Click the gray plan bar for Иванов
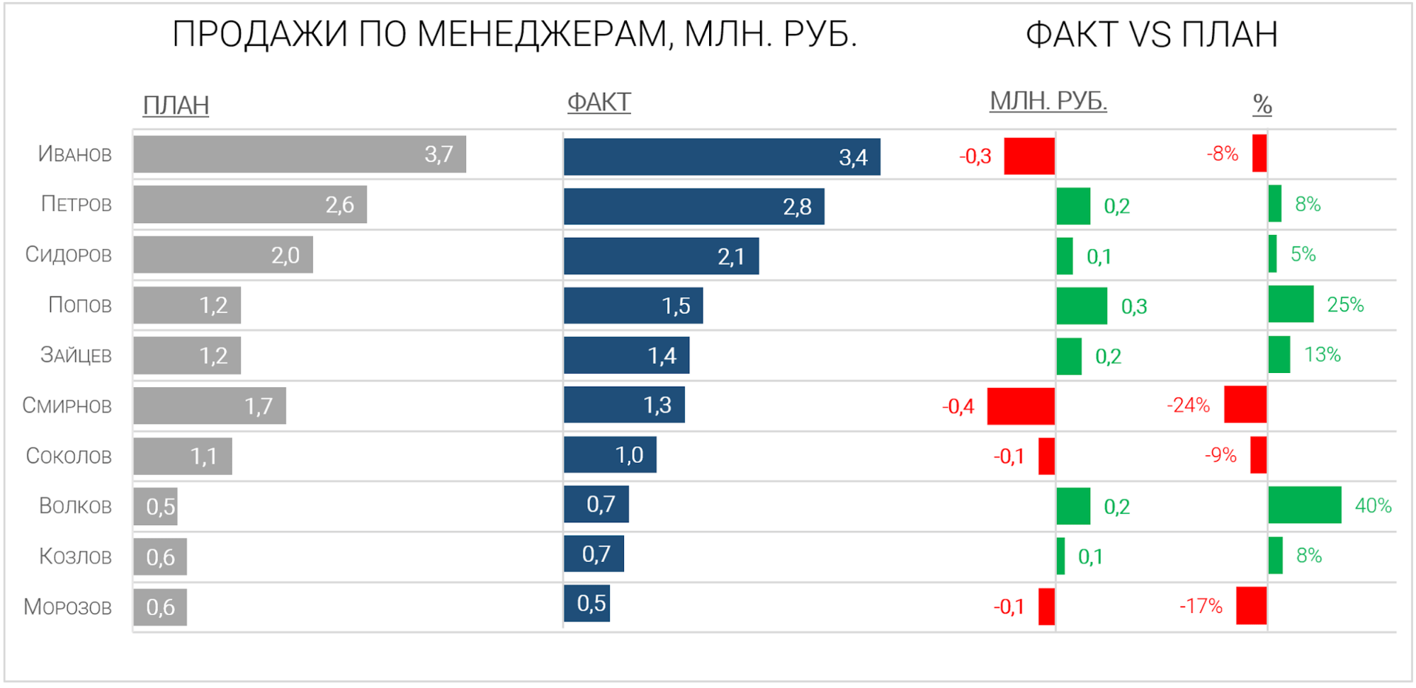(299, 154)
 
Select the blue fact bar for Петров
(693, 207)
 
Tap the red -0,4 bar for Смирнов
(1020, 406)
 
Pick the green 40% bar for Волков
(1304, 505)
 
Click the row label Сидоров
(69, 254)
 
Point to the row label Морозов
(68, 607)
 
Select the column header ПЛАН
(176, 105)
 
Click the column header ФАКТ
(599, 103)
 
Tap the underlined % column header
(1262, 105)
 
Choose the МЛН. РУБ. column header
(1048, 102)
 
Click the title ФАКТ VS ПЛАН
(1151, 35)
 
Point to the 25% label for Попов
(1344, 304)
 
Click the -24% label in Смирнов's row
(1188, 405)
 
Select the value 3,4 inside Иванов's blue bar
(853, 157)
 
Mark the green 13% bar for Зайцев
(1279, 355)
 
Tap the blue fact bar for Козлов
(594, 554)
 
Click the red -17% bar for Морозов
(1251, 605)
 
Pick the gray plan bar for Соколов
(182, 457)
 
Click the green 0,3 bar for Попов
(1081, 306)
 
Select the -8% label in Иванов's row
(1222, 154)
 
